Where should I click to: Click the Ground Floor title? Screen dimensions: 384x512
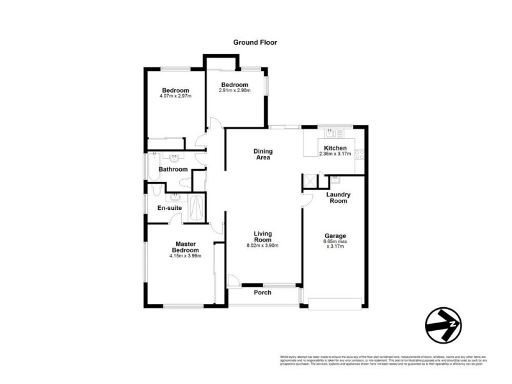(255, 42)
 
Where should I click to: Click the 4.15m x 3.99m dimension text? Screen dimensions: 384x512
(185, 255)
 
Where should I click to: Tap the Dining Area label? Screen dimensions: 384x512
(262, 154)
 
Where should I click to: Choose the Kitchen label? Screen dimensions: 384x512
(335, 148)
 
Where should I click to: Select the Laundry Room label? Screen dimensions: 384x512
(338, 197)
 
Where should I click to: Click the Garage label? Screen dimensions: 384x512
(335, 236)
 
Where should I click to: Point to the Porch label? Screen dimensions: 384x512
(263, 292)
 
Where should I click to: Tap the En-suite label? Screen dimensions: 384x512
(170, 209)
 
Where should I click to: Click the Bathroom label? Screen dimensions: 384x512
(173, 170)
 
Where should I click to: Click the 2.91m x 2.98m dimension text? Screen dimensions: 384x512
(234, 90)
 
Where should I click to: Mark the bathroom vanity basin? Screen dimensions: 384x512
(171, 156)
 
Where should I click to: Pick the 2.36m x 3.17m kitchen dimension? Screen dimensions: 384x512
(335, 154)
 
